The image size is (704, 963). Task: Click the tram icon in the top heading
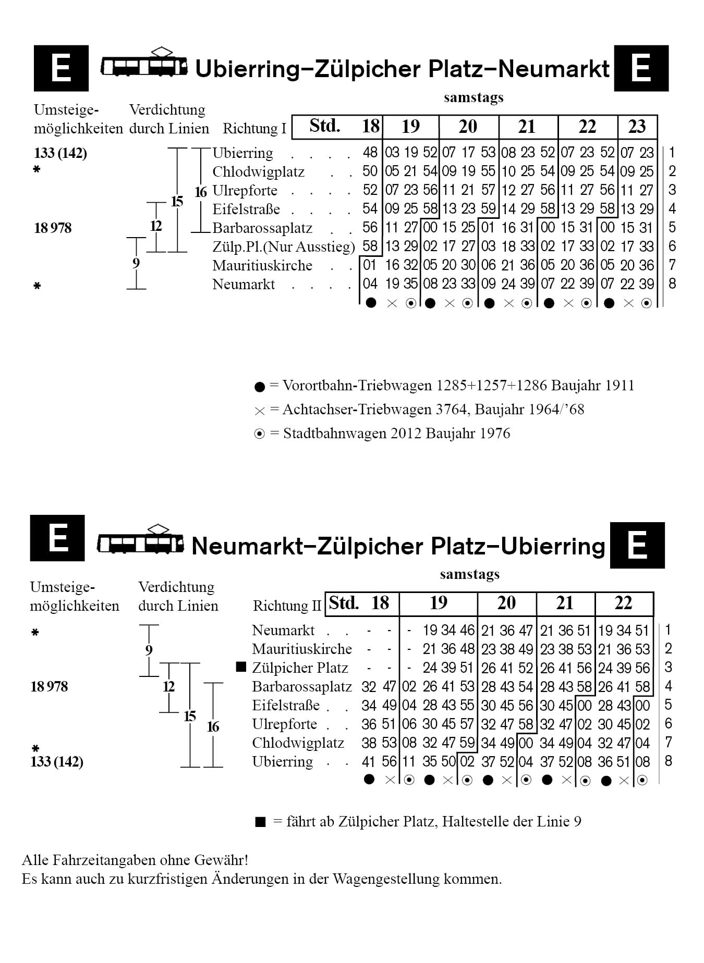144,63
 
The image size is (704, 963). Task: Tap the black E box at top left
61,68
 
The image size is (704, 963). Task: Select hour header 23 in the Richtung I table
637,127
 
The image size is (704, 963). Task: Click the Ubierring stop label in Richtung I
242,153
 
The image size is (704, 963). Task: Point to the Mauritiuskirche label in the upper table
262,266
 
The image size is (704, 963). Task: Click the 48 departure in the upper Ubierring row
370,153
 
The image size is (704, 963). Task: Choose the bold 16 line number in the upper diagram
201,192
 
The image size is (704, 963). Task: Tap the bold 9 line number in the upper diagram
136,263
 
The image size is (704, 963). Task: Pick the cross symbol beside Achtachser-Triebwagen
260,411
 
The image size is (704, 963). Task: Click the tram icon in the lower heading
140,540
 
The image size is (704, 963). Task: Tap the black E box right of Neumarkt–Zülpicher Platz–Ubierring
638,545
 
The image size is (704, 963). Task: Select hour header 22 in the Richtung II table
623,603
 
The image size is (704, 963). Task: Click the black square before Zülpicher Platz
241,667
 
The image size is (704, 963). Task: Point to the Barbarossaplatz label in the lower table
302,687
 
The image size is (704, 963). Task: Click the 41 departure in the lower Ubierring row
369,762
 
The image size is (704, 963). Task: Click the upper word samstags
474,98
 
